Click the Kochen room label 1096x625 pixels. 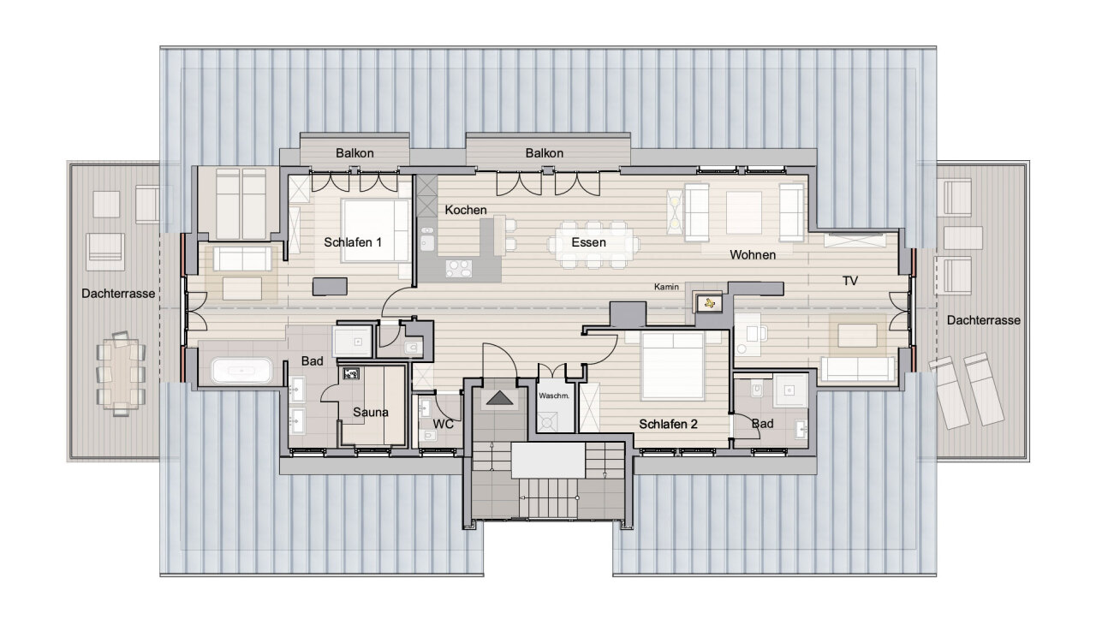465,210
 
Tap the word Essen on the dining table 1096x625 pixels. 588,242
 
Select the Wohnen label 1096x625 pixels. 753,255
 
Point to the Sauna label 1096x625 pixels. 371,413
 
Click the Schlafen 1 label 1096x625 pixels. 352,242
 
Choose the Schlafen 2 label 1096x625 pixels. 668,424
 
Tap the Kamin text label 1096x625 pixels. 666,287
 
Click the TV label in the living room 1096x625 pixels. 850,281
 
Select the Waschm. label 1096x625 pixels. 554,396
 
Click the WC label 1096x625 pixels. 444,424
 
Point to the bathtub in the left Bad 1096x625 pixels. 241,371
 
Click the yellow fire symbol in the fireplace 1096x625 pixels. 709,304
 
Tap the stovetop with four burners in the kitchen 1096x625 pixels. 459,269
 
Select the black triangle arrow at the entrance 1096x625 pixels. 499,398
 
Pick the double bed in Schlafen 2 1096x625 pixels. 673,365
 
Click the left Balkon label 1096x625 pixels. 354,153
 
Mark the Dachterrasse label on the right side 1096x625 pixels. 984,320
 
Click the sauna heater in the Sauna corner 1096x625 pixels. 351,373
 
